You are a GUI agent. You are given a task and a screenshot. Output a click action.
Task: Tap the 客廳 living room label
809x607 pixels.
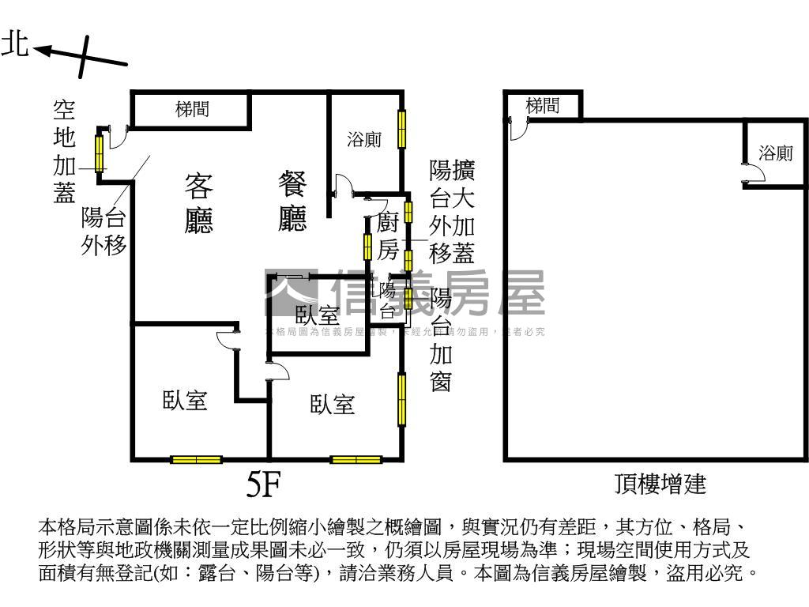198,203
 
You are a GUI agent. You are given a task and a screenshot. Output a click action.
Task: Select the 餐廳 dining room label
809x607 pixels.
292,202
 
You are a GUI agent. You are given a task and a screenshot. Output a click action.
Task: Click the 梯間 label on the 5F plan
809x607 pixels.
192,110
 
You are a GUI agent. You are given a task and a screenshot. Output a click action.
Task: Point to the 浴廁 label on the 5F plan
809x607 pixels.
364,141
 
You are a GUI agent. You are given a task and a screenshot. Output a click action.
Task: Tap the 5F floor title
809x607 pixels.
264,484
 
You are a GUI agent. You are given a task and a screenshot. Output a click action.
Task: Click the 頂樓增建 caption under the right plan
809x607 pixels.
660,483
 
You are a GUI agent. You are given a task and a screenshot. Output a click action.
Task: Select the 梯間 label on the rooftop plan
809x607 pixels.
542,105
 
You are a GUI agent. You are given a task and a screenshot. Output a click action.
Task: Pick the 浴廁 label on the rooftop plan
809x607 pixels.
775,153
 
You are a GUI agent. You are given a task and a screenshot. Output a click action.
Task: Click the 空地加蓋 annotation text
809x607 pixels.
64,151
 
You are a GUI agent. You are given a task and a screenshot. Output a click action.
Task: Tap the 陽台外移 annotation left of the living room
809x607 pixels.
103,232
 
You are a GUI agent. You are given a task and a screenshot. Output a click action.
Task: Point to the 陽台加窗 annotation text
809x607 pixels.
441,340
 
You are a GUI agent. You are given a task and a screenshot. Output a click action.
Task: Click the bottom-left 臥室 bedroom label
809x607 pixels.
185,400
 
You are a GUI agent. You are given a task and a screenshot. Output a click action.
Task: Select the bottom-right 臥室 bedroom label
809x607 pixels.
332,405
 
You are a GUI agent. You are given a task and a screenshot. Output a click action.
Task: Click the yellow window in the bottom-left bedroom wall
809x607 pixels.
196,459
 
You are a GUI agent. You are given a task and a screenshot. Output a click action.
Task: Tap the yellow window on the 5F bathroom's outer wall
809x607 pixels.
401,129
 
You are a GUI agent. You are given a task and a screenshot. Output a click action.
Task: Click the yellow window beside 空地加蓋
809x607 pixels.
100,153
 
